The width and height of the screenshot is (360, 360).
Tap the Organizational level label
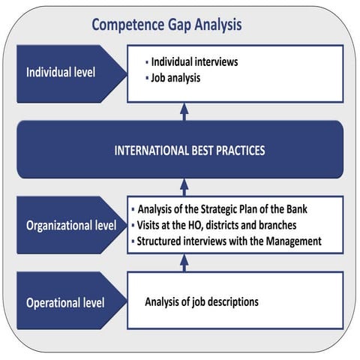tap(71, 225)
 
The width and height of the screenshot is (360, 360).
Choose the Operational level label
tap(65, 303)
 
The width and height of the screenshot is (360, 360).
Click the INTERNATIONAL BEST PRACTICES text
tap(190, 150)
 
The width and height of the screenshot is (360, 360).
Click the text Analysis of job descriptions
tap(202, 302)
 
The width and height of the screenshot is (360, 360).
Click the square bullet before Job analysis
tap(146, 78)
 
